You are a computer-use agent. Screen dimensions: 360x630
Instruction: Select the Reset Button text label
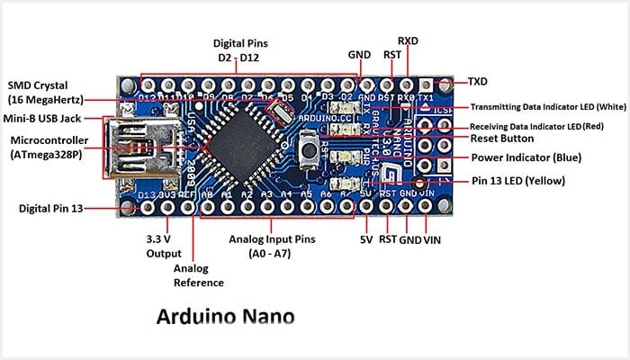[x=501, y=139]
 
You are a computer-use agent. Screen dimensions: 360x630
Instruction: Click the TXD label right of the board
[x=478, y=81]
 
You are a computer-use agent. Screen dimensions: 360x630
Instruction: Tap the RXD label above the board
[x=408, y=41]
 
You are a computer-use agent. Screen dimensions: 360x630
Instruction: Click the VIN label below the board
[x=432, y=240]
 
